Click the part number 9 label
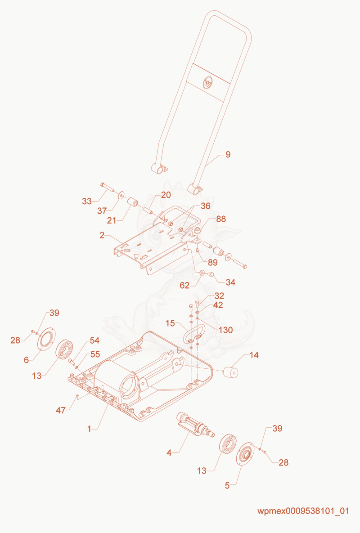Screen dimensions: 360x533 228,155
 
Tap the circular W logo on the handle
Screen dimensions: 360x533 208,82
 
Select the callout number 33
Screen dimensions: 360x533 87,201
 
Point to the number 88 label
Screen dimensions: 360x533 221,219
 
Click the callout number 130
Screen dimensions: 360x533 226,330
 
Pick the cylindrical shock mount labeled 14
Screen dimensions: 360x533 230,372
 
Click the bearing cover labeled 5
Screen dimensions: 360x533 245,454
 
